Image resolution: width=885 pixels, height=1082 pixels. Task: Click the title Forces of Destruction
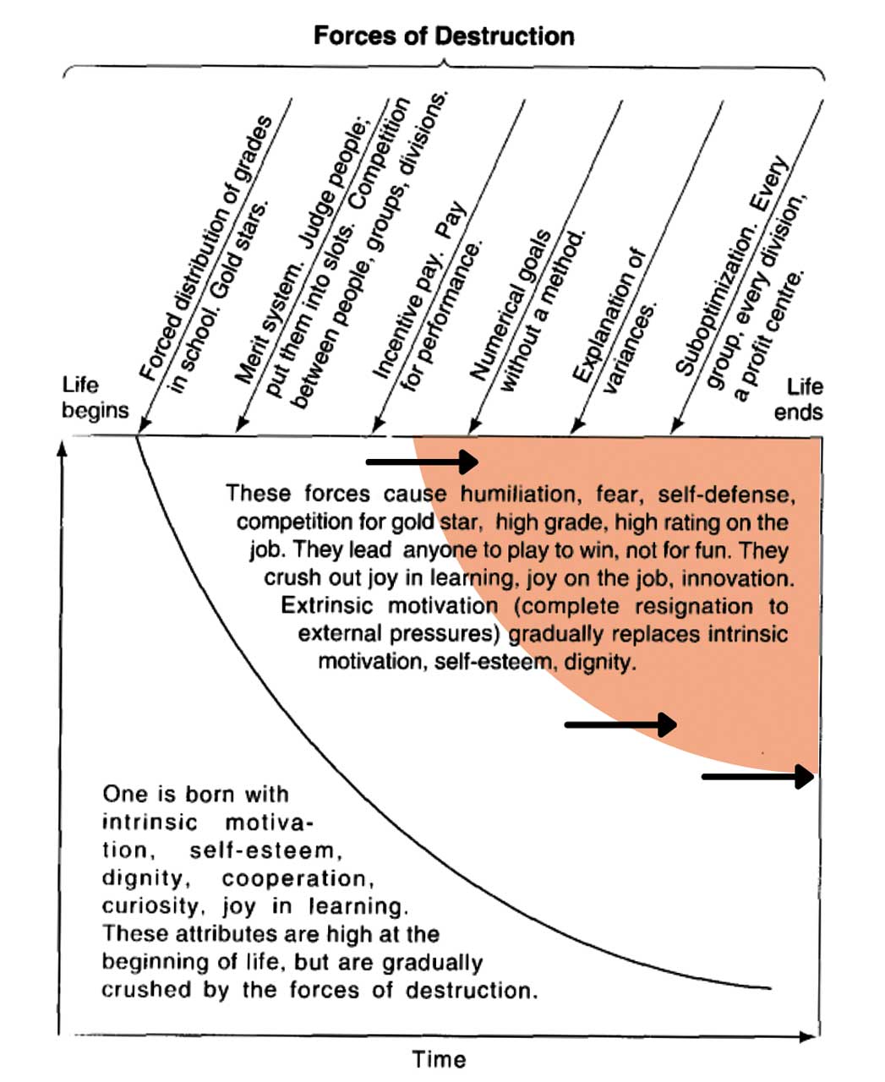[443, 36]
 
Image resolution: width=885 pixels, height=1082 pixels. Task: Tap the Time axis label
[439, 1059]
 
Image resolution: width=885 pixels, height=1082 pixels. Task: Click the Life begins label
[95, 398]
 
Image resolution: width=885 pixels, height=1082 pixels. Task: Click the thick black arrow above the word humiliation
[422, 462]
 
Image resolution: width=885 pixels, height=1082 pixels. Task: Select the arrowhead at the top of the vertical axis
[61, 448]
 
